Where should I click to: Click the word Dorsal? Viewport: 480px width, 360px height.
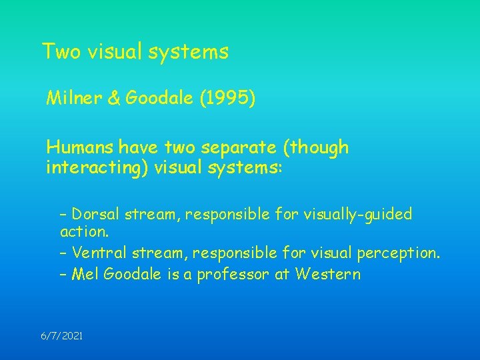point(93,214)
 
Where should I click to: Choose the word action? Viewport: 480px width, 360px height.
point(84,233)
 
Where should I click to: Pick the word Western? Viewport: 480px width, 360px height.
point(329,274)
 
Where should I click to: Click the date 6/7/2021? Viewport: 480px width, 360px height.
point(61,337)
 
